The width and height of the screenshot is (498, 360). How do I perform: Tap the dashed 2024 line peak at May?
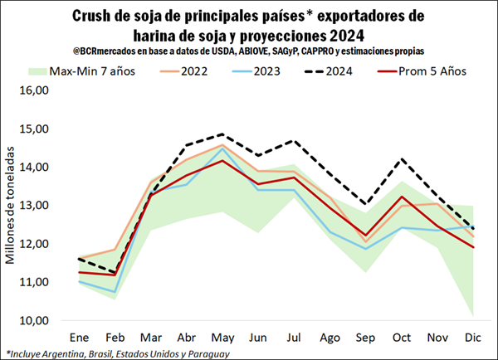tap(221, 134)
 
